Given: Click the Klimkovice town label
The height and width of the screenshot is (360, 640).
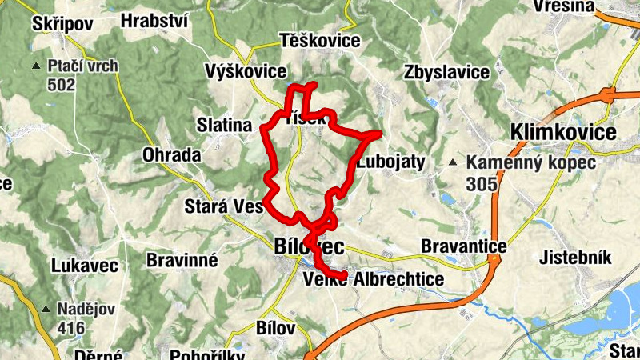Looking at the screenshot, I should (x=563, y=133).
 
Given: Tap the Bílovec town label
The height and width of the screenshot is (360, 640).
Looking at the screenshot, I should (x=309, y=247).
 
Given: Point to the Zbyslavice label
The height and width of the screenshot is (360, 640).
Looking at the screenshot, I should (x=447, y=72).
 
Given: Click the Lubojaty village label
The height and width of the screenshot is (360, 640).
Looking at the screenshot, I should (x=391, y=161).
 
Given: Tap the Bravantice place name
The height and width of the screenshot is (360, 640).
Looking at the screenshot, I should (x=464, y=246).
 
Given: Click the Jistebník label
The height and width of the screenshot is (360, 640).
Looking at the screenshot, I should (x=576, y=258).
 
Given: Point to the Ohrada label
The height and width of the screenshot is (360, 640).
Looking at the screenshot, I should (x=171, y=155).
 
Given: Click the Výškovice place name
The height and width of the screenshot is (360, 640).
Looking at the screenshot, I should (x=246, y=70).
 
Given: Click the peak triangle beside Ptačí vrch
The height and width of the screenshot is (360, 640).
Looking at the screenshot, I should (x=34, y=66).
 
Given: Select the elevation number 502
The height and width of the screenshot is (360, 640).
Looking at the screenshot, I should (x=61, y=85).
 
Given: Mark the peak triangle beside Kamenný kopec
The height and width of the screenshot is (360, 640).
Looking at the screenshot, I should (x=454, y=163).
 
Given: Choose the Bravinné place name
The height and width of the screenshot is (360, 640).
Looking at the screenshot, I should (x=182, y=260).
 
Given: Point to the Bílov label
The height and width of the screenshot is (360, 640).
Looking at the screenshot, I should (x=276, y=328).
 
